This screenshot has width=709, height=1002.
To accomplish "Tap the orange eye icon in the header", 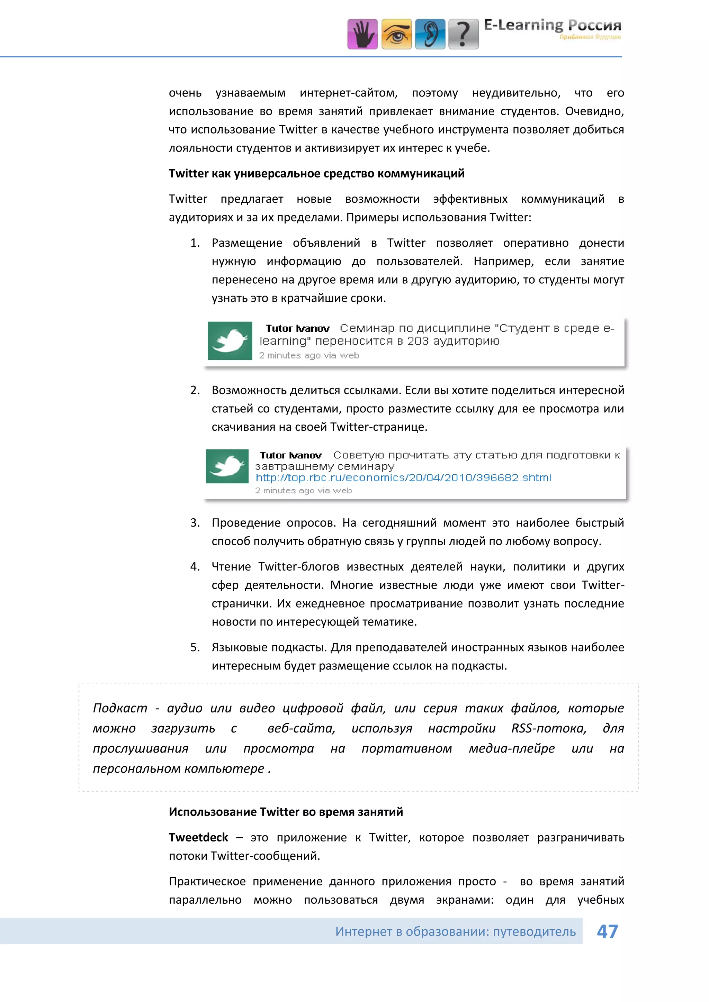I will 396,34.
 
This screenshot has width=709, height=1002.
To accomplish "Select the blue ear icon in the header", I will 430,34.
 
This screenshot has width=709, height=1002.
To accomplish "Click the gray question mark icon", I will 464,34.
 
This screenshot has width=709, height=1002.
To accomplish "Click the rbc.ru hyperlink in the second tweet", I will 403,477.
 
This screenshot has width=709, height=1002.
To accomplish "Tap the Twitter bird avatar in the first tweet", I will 230,341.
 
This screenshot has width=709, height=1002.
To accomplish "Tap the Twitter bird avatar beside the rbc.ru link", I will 227,466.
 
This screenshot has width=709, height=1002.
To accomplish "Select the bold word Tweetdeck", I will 198,837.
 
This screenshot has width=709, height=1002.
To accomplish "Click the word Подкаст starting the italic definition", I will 120,708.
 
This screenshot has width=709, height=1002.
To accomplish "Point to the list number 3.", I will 195,522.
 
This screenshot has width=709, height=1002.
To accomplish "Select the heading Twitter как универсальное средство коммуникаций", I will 316,173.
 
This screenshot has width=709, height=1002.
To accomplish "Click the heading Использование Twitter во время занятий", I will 286,812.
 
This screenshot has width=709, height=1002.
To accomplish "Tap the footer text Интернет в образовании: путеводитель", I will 455,931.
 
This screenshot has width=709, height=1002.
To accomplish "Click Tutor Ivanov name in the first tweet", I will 297,328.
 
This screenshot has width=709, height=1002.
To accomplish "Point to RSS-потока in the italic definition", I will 549,728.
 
